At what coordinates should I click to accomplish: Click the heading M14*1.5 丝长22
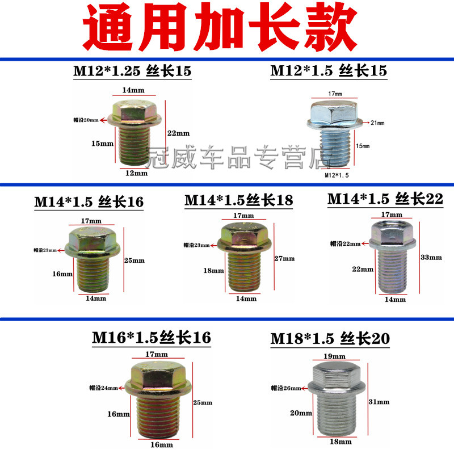coord(385,200)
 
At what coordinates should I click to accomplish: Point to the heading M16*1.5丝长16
coord(152,338)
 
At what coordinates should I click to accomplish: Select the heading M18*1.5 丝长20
coord(331,339)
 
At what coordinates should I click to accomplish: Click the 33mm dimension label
coord(431,257)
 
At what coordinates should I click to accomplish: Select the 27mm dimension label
coord(285,259)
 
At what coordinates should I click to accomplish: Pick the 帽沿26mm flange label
coord(288,389)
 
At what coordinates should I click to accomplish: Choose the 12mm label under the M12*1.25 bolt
coord(137,173)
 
